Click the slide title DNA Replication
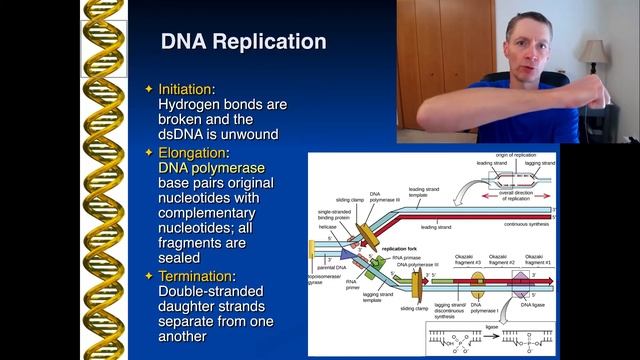click(243, 41)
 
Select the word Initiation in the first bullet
click(184, 89)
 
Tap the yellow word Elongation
click(192, 153)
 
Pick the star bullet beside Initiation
click(149, 89)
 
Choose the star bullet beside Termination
click(149, 275)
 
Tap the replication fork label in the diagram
click(400, 247)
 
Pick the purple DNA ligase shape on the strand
click(520, 283)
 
